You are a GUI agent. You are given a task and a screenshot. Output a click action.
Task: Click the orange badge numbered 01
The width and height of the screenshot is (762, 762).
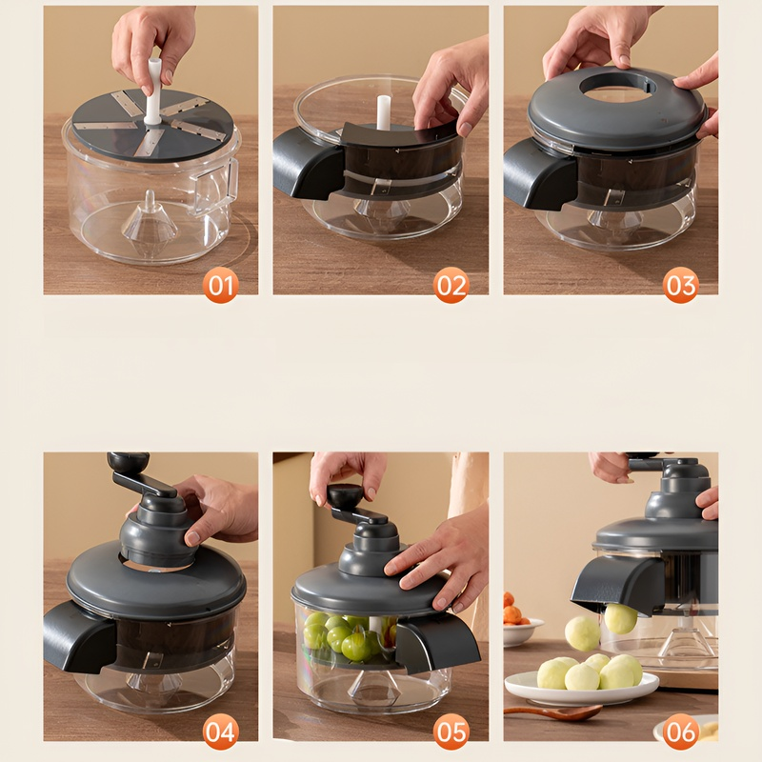click(221, 285)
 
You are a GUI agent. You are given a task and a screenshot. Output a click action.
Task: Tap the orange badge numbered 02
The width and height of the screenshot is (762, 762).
click(451, 285)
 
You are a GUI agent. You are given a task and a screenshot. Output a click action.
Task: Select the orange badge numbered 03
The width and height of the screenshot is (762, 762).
click(681, 285)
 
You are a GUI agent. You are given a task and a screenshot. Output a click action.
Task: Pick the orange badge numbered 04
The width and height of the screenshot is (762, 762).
click(221, 732)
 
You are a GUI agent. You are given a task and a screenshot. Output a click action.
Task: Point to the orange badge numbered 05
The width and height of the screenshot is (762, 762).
click(451, 732)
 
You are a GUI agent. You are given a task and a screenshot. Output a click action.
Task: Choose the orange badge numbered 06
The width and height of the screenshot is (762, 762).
click(681, 732)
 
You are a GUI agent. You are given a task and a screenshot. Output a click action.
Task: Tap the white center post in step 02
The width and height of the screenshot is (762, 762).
click(384, 112)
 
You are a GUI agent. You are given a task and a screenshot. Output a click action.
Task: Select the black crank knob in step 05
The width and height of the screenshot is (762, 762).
click(345, 495)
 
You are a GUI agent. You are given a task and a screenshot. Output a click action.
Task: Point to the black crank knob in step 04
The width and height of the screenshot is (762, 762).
click(128, 462)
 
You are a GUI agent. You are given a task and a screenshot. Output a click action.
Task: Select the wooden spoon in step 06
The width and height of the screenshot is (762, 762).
click(553, 712)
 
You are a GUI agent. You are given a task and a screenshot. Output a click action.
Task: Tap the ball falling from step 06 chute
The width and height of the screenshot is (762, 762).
click(621, 618)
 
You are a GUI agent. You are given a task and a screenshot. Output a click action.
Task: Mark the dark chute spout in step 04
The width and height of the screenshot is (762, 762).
click(79, 636)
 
